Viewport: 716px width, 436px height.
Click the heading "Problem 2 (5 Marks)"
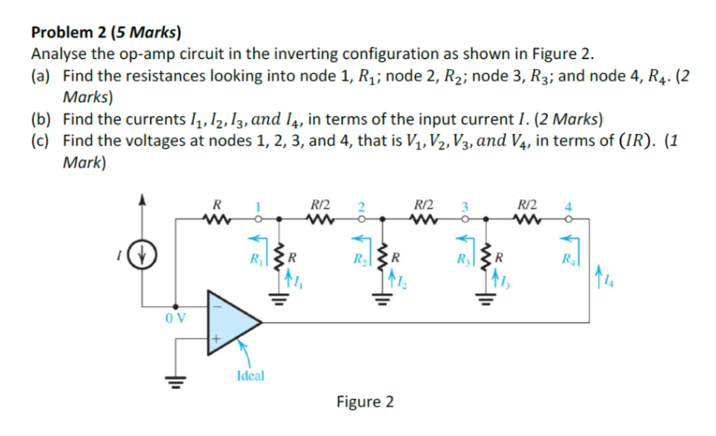click(106, 33)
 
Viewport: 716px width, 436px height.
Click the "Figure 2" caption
click(365, 402)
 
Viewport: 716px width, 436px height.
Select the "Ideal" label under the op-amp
click(249, 376)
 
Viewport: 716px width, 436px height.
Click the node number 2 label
click(361, 207)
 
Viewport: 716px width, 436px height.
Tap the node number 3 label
click(465, 207)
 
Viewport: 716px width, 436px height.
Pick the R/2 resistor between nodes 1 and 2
click(318, 219)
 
